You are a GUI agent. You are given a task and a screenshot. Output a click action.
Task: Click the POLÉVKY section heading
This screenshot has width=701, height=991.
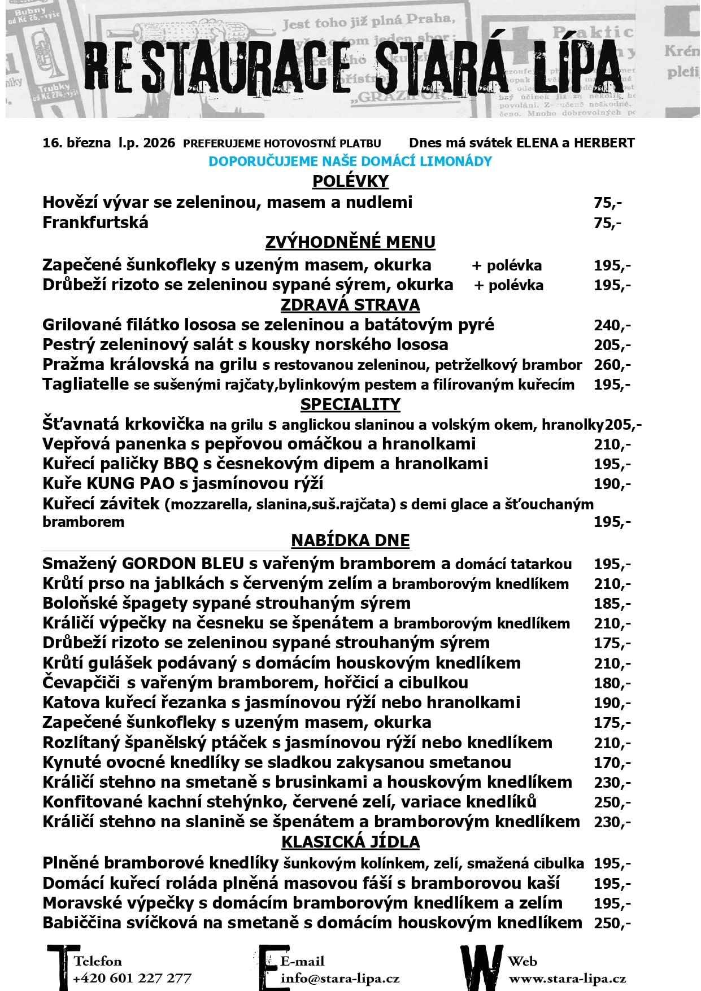[x=350, y=181]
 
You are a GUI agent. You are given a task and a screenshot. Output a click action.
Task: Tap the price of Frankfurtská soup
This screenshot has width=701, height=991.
[x=607, y=223]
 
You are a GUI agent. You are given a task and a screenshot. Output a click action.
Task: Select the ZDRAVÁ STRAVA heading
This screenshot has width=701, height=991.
[x=350, y=305]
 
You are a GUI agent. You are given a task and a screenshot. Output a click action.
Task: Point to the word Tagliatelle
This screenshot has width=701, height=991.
[x=85, y=385]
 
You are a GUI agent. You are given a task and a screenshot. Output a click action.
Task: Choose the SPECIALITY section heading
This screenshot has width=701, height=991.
[x=350, y=404]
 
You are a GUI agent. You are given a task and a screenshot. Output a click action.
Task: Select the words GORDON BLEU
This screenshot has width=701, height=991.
[x=182, y=564]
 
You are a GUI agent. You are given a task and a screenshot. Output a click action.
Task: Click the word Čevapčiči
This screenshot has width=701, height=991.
[x=81, y=683]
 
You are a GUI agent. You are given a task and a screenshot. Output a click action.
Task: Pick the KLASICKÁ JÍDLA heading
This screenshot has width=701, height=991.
[x=350, y=842]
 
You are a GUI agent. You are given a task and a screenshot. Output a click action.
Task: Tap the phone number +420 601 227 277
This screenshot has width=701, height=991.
[x=132, y=978]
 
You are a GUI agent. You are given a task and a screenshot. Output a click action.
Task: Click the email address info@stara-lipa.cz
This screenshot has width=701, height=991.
[x=340, y=978]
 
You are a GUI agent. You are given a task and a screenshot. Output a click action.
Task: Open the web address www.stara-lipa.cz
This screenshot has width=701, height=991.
[x=567, y=978]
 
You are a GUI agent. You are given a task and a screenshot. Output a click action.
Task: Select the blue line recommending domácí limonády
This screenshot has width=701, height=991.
[x=350, y=161]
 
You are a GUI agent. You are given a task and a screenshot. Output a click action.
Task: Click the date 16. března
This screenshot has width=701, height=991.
[x=76, y=143]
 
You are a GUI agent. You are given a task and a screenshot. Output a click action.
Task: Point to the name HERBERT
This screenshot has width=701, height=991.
[x=604, y=143]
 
